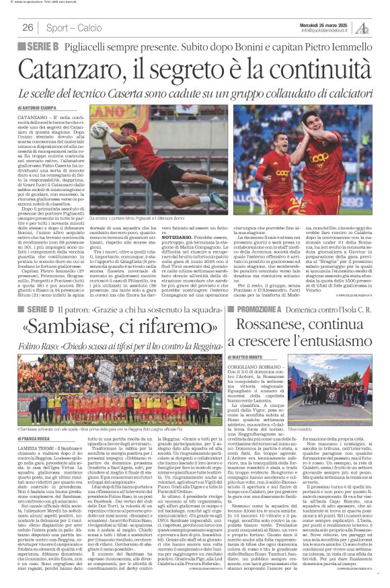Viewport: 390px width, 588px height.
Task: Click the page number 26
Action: click(28, 28)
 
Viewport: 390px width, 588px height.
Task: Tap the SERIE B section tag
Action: click(42, 46)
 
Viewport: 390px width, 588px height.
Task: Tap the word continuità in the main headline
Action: click(307, 68)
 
